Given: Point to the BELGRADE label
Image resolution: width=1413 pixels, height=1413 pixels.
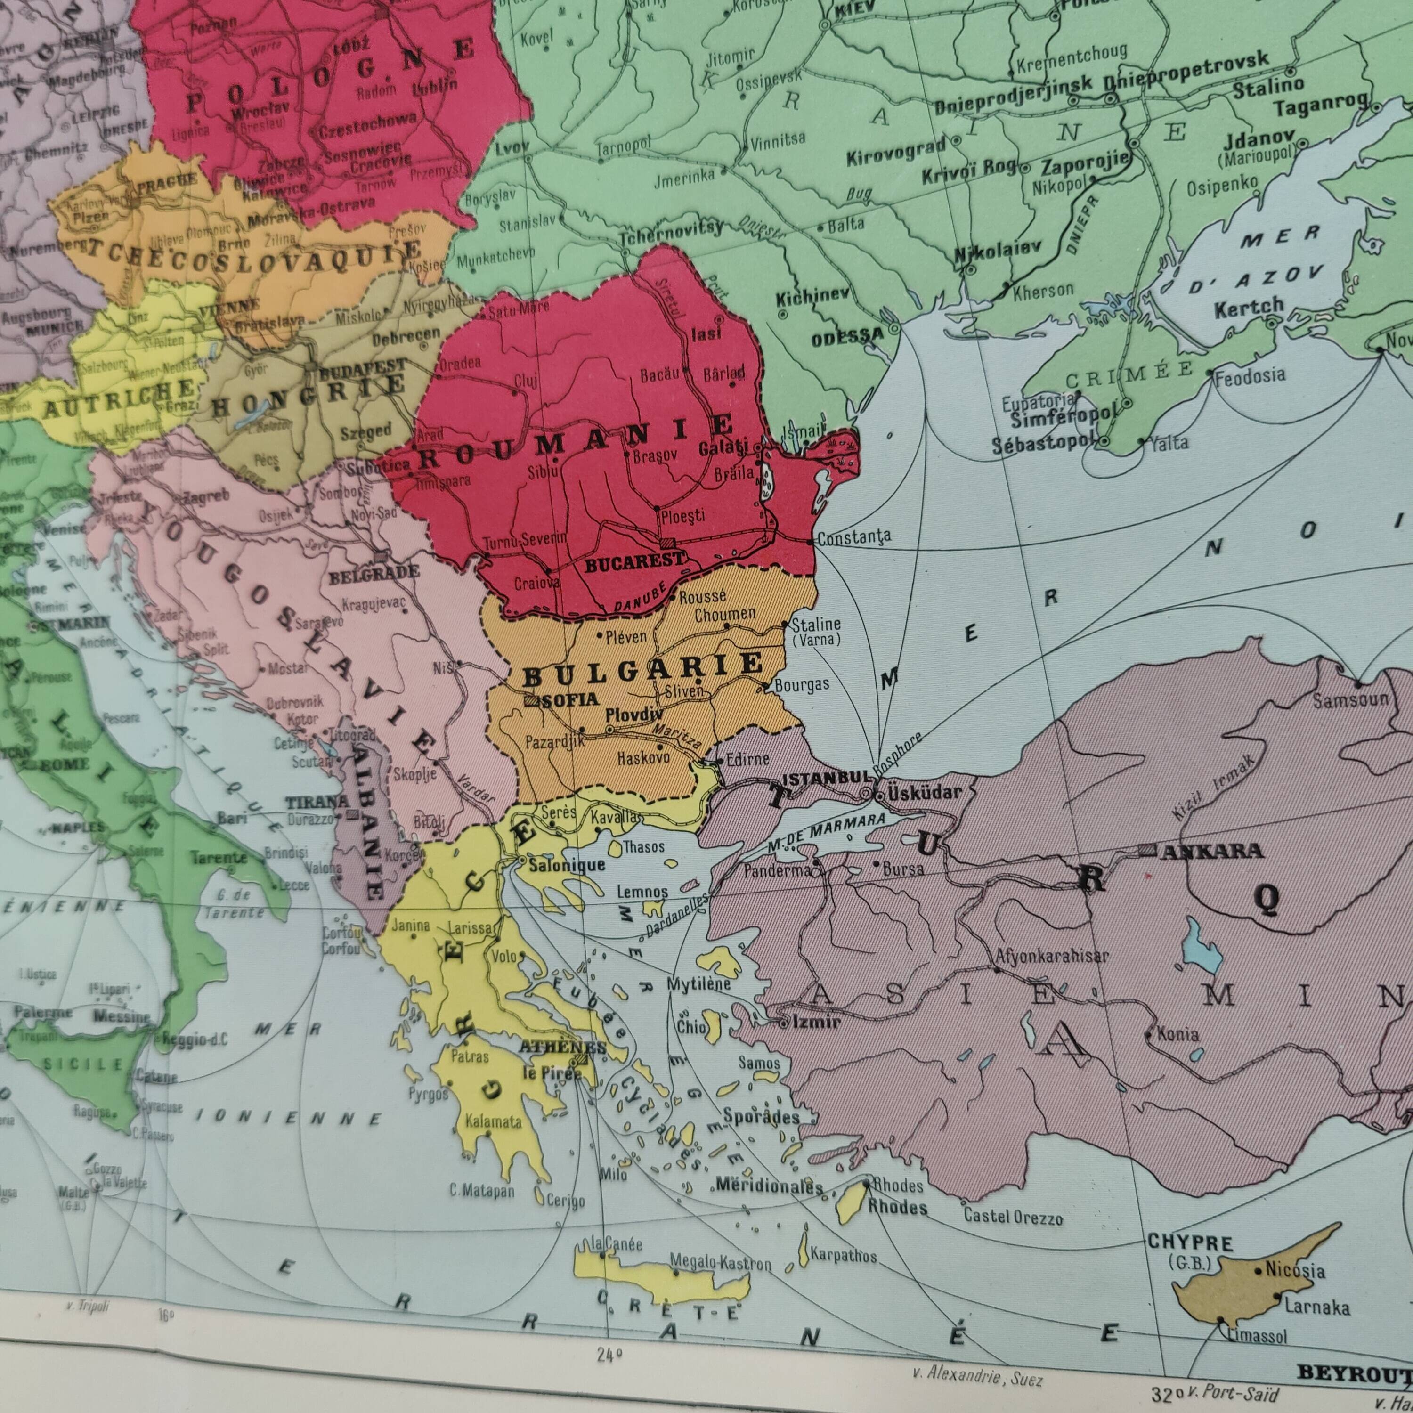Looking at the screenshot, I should (374, 573).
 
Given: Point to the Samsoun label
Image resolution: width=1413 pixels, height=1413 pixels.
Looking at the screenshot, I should (1350, 700).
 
